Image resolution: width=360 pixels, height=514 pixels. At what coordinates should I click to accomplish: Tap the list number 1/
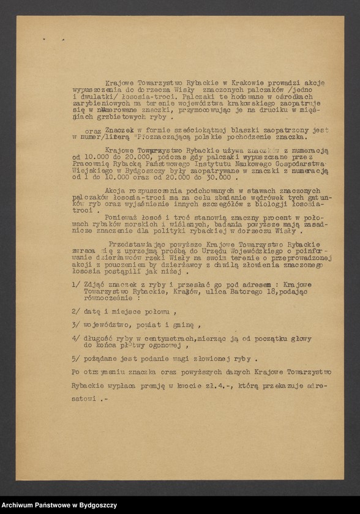tap(75, 285)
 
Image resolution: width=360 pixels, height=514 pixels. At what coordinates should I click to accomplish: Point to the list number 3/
tap(75, 324)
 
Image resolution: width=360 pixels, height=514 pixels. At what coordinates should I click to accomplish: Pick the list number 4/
tap(75, 338)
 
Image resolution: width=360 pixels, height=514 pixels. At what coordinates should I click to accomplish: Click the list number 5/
tap(75, 359)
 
